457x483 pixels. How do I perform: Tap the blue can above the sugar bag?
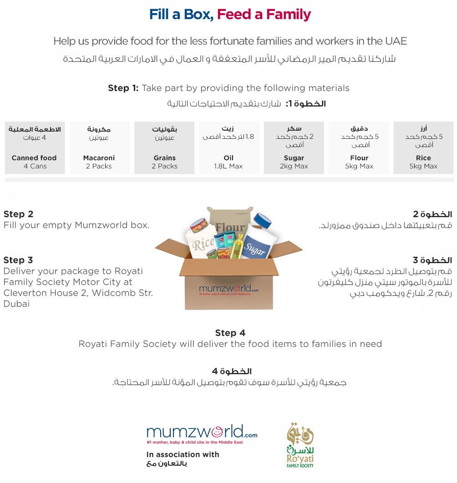263,221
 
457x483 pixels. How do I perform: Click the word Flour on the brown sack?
230,228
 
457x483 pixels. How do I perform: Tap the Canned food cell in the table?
34,158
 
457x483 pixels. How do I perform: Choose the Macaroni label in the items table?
99,158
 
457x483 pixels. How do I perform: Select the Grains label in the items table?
164,158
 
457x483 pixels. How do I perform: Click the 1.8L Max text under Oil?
228,166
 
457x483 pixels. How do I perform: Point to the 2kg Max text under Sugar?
294,166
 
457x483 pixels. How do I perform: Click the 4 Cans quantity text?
35,166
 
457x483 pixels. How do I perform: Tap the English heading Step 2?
18,214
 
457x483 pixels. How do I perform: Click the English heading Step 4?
230,333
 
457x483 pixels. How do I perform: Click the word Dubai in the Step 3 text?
16,304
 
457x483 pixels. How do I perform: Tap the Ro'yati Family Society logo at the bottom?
300,446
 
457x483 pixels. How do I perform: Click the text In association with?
183,454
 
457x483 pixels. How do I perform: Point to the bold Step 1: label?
123,88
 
